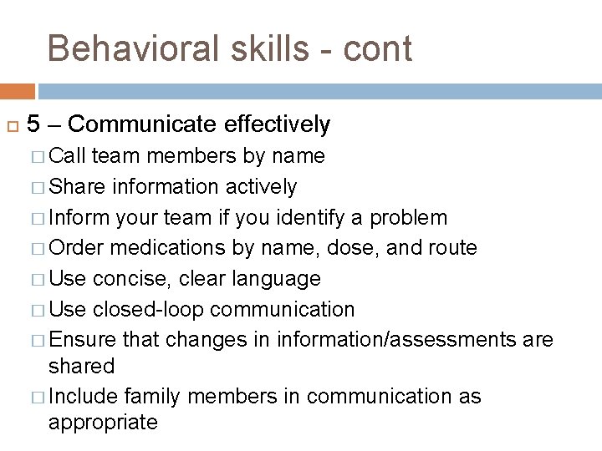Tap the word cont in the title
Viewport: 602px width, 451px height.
[x=378, y=49]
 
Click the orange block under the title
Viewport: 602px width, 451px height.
[x=18, y=90]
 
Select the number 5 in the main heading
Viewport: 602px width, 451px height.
[x=33, y=125]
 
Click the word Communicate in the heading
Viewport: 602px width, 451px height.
[x=144, y=125]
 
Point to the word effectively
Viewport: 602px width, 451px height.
[x=278, y=125]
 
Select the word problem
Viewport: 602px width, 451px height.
[x=409, y=218]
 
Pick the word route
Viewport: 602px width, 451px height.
[x=451, y=248]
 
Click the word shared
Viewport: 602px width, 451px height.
[x=81, y=366]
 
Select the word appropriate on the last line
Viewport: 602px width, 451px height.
[x=103, y=423]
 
